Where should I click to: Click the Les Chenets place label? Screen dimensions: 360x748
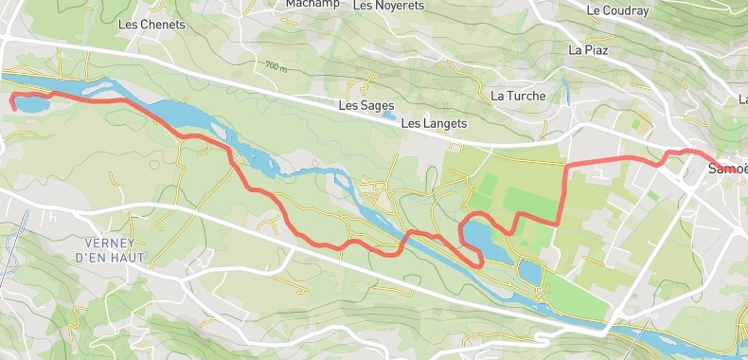[x=151, y=24]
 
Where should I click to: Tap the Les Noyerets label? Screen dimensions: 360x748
[x=388, y=5]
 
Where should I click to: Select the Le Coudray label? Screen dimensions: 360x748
[x=617, y=11]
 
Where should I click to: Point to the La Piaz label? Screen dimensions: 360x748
[x=587, y=49]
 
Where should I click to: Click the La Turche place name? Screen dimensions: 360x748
[x=518, y=96]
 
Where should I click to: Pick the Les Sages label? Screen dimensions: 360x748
[x=363, y=106]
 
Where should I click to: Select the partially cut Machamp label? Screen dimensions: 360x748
[x=312, y=4]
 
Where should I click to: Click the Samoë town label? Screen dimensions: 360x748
[x=727, y=169]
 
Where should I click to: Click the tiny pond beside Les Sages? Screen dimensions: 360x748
[x=390, y=117]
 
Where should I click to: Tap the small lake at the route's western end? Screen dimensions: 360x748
[x=29, y=103]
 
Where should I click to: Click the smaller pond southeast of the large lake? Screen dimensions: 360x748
[x=530, y=273]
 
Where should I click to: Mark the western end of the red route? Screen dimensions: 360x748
[x=12, y=99]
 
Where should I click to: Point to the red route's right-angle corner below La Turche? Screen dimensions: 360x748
[x=565, y=167]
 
